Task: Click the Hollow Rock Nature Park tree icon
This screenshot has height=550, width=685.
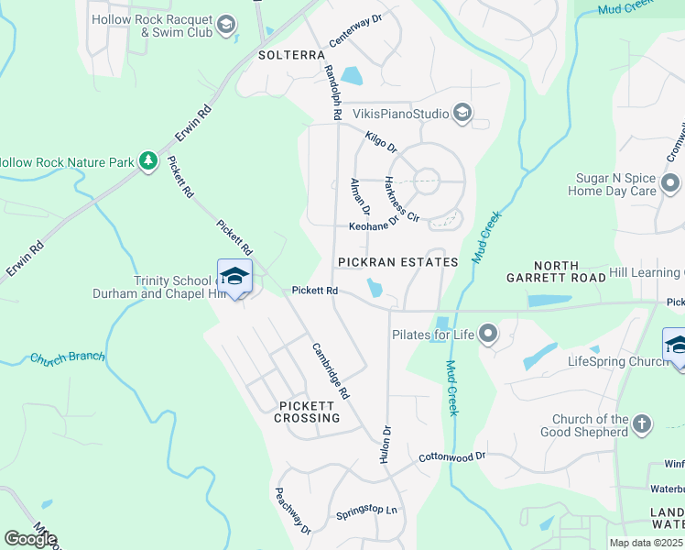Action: point(147,161)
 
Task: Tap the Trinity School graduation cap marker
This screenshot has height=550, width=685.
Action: point(234,277)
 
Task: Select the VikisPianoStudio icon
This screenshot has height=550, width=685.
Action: point(462,114)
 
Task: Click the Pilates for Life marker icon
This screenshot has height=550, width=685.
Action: point(489,334)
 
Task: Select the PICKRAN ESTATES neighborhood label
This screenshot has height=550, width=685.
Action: point(397,262)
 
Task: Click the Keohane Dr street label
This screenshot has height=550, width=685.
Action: point(374,224)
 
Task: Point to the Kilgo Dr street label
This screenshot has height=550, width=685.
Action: point(381,142)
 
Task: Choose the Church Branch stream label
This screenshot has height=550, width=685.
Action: point(68,357)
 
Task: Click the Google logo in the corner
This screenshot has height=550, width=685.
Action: point(30,539)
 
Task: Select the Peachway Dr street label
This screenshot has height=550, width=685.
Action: point(294,511)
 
